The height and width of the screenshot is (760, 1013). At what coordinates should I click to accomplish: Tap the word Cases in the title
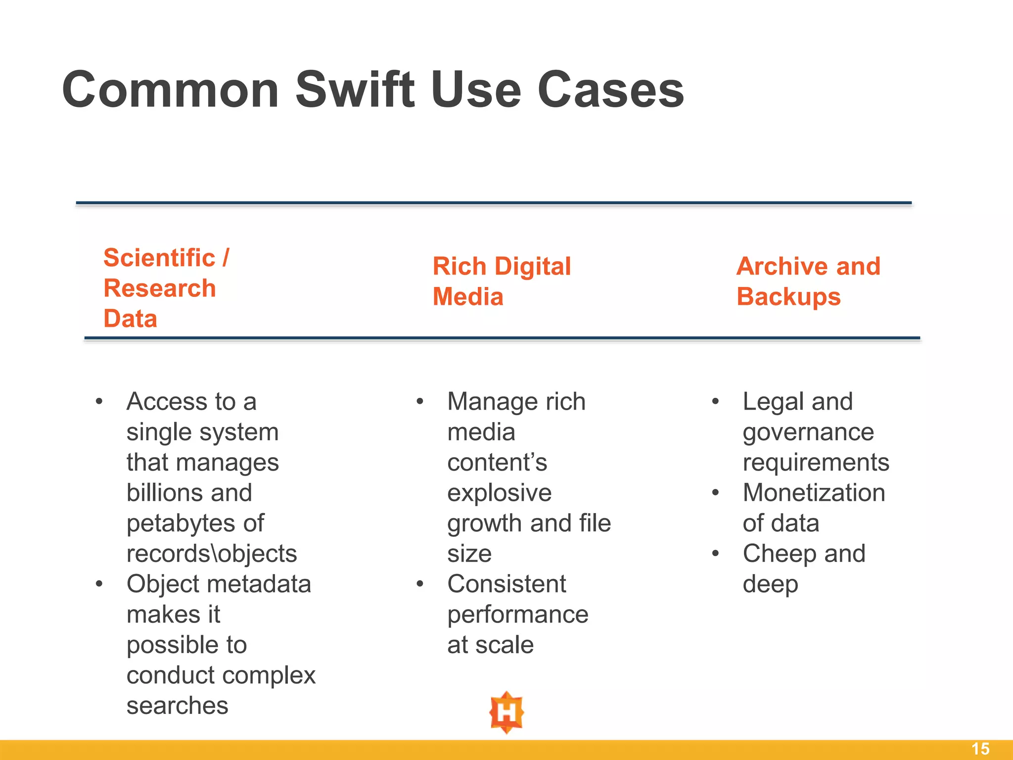pyautogui.click(x=610, y=90)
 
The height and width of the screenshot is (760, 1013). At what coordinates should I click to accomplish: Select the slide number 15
pyautogui.click(x=980, y=749)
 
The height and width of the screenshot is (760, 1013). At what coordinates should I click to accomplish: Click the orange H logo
pyautogui.click(x=506, y=712)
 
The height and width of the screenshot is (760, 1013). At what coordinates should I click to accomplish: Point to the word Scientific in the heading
pyautogui.click(x=159, y=258)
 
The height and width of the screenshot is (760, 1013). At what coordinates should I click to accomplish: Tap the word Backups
pyautogui.click(x=788, y=297)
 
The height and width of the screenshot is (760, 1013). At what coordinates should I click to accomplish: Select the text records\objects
pyautogui.click(x=212, y=554)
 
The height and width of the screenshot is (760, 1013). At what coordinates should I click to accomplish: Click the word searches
pyautogui.click(x=177, y=706)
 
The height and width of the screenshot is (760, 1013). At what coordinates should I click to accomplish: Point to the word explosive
pyautogui.click(x=499, y=493)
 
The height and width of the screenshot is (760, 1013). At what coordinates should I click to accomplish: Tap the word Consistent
pyautogui.click(x=506, y=584)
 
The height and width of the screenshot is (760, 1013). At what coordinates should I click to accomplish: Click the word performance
pyautogui.click(x=518, y=616)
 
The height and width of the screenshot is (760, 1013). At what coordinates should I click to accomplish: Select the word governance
pyautogui.click(x=808, y=433)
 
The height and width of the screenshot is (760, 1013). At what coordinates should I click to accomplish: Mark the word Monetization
pyautogui.click(x=814, y=493)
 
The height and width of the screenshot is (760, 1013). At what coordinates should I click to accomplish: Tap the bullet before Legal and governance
pyautogui.click(x=715, y=401)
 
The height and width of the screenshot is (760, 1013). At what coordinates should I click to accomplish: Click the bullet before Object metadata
pyautogui.click(x=99, y=584)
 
